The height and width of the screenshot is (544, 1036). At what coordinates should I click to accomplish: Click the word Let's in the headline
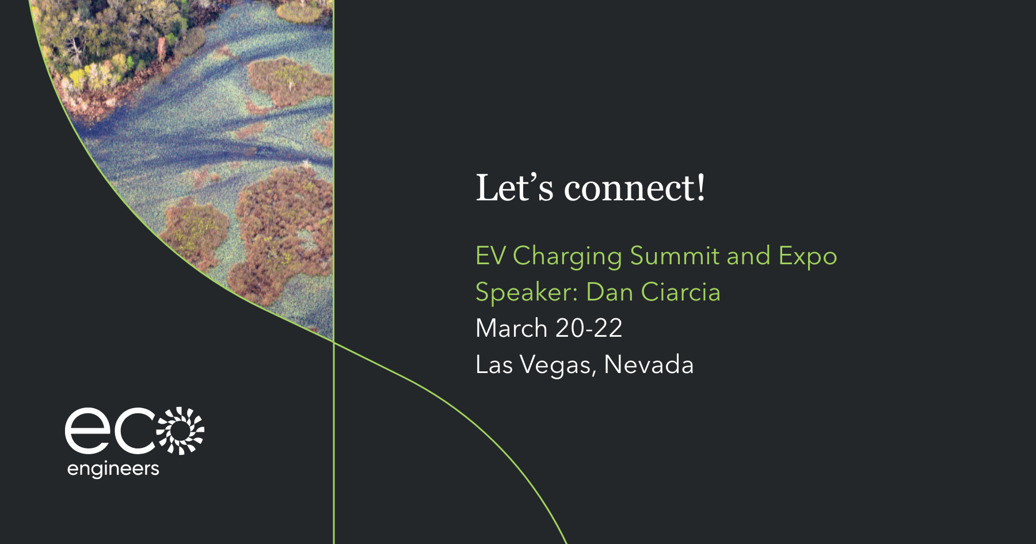click(x=515, y=188)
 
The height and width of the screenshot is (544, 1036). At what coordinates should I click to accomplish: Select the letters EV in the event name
click(x=490, y=256)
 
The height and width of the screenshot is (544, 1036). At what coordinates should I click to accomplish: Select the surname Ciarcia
click(x=680, y=292)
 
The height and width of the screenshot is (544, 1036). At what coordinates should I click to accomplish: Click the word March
click(x=511, y=328)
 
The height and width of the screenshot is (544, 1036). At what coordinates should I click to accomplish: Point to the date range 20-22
click(x=589, y=328)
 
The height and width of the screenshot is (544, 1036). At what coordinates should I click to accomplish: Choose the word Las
click(x=494, y=365)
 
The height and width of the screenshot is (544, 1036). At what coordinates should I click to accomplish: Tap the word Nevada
click(x=649, y=365)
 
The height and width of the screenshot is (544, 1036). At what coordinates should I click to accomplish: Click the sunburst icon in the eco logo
click(x=181, y=431)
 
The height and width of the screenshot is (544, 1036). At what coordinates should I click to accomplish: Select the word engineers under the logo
click(x=113, y=469)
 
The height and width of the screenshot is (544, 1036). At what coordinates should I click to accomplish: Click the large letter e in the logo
click(x=87, y=431)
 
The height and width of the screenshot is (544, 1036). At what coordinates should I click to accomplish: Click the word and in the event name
click(x=748, y=256)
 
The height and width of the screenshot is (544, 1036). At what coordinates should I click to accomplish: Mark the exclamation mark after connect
click(x=700, y=188)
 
